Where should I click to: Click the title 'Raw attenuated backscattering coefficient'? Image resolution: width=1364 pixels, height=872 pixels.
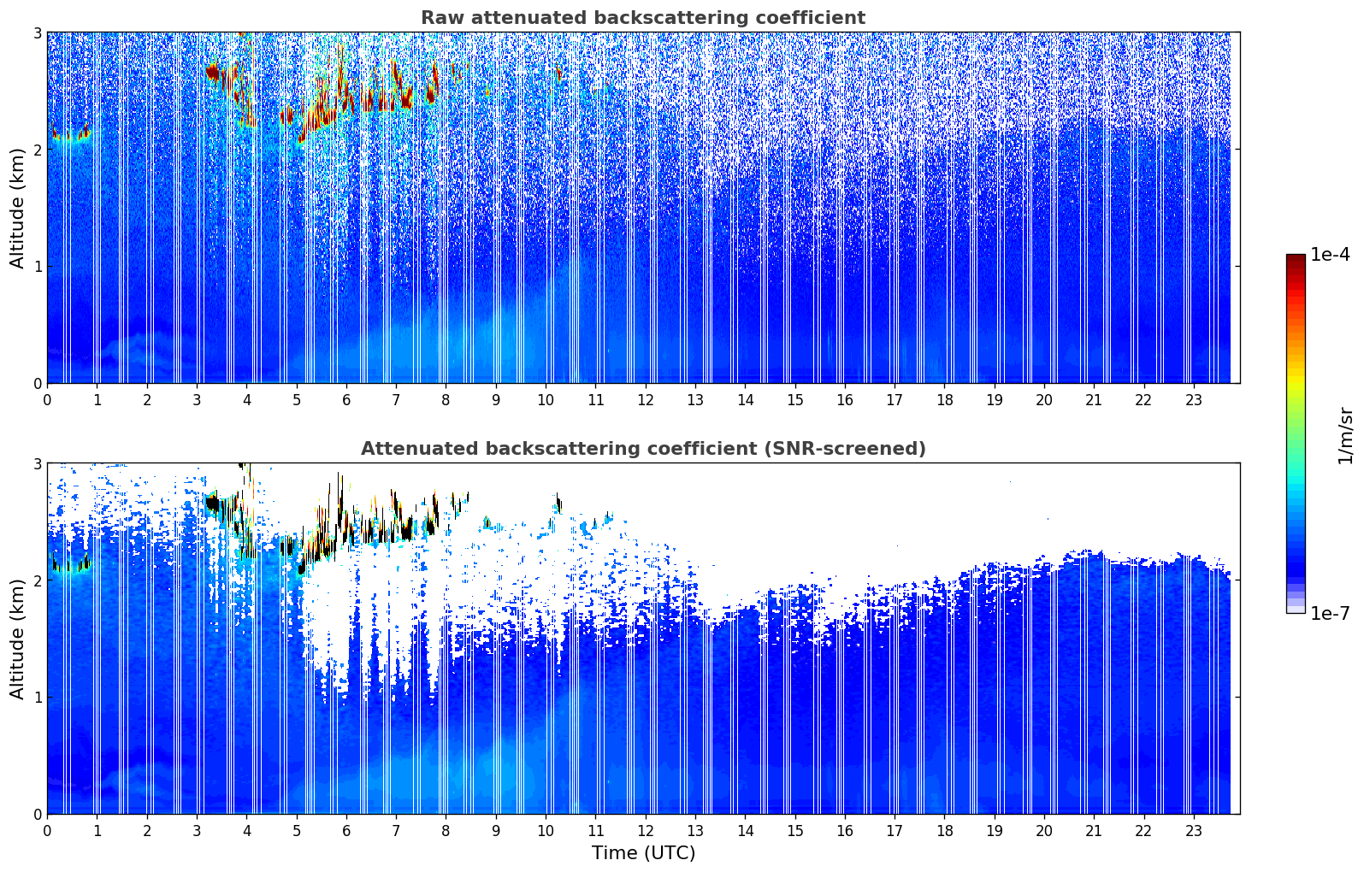pyautogui.click(x=643, y=18)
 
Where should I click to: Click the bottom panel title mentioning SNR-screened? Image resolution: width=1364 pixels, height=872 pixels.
pyautogui.click(x=643, y=449)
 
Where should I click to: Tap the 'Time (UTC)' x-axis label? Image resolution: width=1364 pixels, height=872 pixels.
pyautogui.click(x=643, y=853)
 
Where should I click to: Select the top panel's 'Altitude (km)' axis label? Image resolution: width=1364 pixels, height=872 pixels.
pyautogui.click(x=17, y=208)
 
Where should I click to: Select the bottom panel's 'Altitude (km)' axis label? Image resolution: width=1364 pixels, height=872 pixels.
pyautogui.click(x=17, y=639)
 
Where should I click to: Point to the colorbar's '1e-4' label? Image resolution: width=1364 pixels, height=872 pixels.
pyautogui.click(x=1330, y=255)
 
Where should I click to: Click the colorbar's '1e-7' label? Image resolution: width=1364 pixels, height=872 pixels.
pyautogui.click(x=1330, y=614)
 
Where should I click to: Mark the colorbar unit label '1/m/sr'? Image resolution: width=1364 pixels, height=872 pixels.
pyautogui.click(x=1346, y=435)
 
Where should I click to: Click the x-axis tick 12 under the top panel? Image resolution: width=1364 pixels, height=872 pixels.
pyautogui.click(x=646, y=400)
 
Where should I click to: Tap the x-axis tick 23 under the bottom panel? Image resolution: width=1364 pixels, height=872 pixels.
pyautogui.click(x=1194, y=831)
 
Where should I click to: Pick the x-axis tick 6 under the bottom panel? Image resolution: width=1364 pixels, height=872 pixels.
pyautogui.click(x=346, y=831)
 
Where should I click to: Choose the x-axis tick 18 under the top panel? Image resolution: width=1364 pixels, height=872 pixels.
pyautogui.click(x=944, y=400)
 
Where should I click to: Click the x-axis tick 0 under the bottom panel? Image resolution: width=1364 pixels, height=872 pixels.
pyautogui.click(x=47, y=831)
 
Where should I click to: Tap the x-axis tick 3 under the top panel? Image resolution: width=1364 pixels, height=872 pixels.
pyautogui.click(x=197, y=400)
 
